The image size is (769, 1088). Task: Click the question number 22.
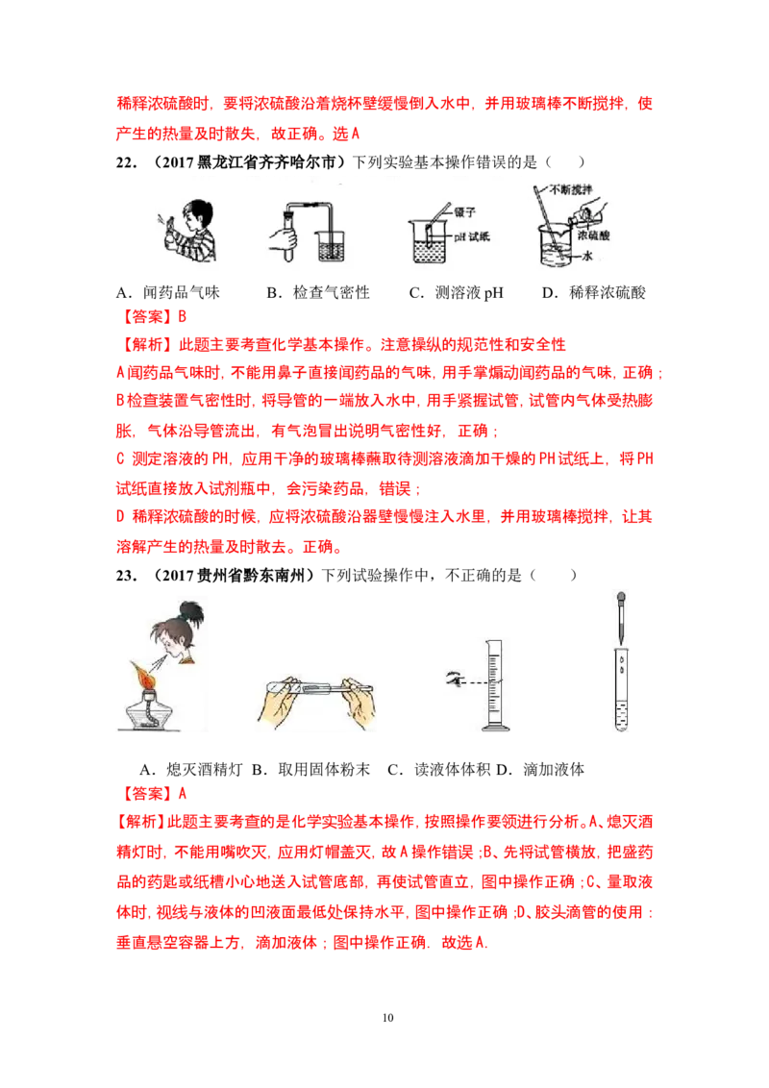[x=126, y=162]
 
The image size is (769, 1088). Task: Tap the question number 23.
[x=126, y=575]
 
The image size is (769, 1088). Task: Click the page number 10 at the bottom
[x=388, y=1017]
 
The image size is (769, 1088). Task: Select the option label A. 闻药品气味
[x=168, y=293]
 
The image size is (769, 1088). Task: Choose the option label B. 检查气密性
[x=318, y=293]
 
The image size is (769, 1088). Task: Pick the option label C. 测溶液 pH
[x=456, y=293]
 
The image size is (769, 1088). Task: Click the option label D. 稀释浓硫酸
[x=594, y=293]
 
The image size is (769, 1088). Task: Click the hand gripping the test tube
[x=285, y=237]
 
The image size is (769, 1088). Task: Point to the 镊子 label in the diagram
[x=465, y=211]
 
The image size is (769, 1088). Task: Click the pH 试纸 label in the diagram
[x=472, y=236]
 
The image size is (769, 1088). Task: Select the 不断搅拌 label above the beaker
[x=571, y=189]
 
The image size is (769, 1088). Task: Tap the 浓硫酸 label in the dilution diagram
[x=593, y=235]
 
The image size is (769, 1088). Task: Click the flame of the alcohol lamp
[x=142, y=674]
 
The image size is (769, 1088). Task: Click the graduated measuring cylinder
[x=496, y=685]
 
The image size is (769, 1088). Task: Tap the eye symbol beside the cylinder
[x=454, y=679]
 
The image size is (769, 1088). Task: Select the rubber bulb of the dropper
[x=621, y=598]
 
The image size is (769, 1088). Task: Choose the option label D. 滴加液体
[x=540, y=770]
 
